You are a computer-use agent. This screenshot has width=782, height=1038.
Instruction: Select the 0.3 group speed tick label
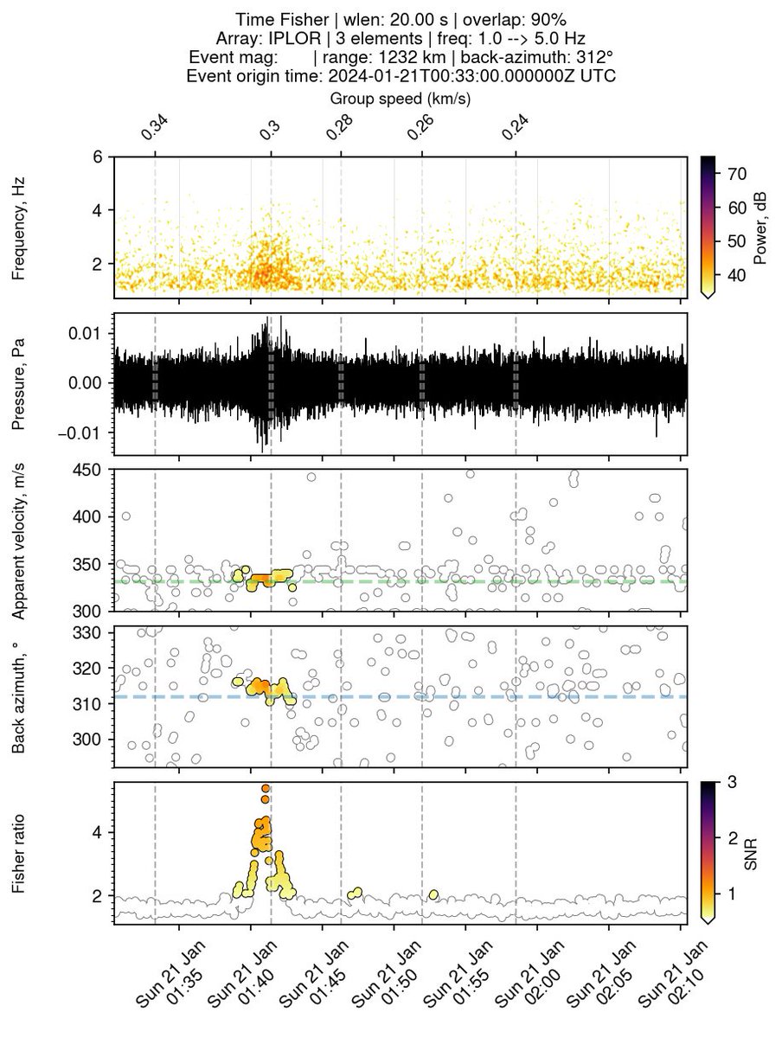coord(270,130)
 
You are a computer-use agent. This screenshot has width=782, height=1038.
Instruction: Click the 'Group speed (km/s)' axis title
coord(400,98)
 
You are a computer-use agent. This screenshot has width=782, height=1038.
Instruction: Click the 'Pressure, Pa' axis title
coord(18,383)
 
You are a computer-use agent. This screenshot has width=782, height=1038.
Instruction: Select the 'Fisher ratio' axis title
coord(18,854)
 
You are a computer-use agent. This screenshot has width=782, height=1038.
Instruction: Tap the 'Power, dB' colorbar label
coord(762,227)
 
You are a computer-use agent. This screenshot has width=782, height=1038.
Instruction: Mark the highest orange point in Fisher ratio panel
coord(266,788)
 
